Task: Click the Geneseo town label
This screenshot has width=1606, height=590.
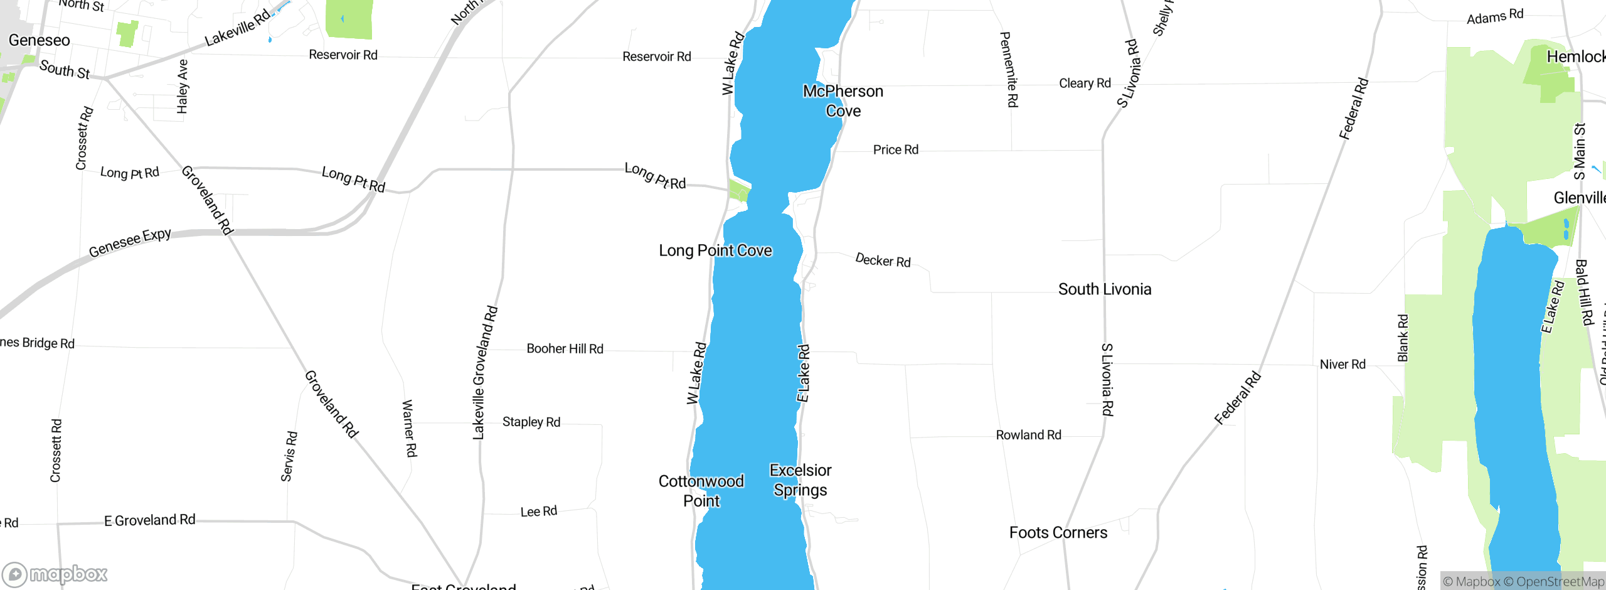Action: pyautogui.click(x=39, y=41)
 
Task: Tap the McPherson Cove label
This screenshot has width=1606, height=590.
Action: pyautogui.click(x=843, y=101)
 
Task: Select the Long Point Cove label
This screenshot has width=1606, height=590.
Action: pyautogui.click(x=715, y=251)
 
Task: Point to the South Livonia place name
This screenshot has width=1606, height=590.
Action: pyautogui.click(x=1104, y=289)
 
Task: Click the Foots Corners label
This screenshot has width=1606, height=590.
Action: pyautogui.click(x=1058, y=533)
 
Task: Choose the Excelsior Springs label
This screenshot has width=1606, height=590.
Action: pyautogui.click(x=800, y=480)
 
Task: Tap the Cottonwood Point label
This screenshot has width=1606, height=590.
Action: pyautogui.click(x=701, y=491)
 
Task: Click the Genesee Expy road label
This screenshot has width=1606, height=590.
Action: pyautogui.click(x=130, y=242)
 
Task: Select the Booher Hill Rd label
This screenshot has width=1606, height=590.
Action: pyautogui.click(x=565, y=349)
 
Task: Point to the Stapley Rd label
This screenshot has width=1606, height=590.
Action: pyautogui.click(x=531, y=422)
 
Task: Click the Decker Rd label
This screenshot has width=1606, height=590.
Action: pyautogui.click(x=883, y=260)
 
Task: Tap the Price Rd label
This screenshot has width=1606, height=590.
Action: pyautogui.click(x=895, y=150)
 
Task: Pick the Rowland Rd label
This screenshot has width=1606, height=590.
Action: pyautogui.click(x=1028, y=435)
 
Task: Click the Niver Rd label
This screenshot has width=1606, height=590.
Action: pyautogui.click(x=1342, y=365)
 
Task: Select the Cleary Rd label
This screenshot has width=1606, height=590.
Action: pyautogui.click(x=1084, y=83)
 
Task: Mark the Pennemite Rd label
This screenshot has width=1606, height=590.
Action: pyautogui.click(x=1008, y=69)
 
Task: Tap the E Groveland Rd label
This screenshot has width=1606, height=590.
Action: pyautogui.click(x=149, y=520)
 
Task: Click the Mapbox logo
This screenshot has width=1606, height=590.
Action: pyautogui.click(x=55, y=574)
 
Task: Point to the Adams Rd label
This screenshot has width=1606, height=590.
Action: pyautogui.click(x=1494, y=17)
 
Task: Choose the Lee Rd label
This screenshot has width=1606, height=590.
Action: pyautogui.click(x=538, y=512)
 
